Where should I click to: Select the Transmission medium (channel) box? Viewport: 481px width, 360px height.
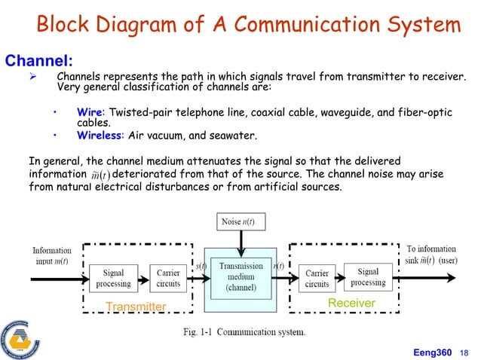(240, 276)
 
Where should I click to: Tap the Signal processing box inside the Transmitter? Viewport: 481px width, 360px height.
(113, 278)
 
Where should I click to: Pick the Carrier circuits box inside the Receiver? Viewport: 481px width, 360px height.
(317, 278)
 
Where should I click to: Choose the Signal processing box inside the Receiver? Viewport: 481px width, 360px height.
(368, 277)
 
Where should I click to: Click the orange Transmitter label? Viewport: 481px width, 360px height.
(136, 307)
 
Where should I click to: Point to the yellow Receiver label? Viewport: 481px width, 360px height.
(351, 303)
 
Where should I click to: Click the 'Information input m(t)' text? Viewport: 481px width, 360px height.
(52, 255)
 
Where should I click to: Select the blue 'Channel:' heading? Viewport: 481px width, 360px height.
(39, 59)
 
